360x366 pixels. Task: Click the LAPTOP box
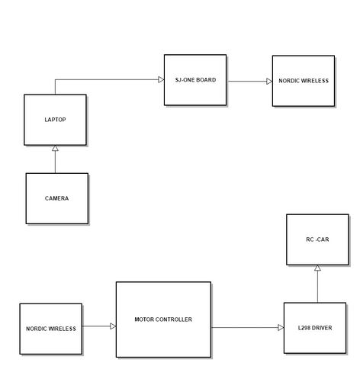tap(55, 120)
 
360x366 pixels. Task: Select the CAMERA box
tap(57, 198)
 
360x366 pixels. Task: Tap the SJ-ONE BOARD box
tap(195, 80)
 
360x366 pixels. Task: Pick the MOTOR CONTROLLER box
tap(163, 319)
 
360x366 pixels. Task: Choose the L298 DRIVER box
tap(315, 328)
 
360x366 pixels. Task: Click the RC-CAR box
tap(317, 239)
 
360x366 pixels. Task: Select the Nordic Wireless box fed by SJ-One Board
tap(304, 81)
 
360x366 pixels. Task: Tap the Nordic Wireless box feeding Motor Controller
tap(51, 329)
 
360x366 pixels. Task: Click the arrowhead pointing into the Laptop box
tap(55, 148)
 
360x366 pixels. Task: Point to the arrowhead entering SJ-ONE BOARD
tap(161, 79)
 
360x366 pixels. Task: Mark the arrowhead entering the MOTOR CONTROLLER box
tap(113, 326)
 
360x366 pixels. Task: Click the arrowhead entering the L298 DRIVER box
tap(281, 328)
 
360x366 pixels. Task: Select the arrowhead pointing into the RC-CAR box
tap(317, 268)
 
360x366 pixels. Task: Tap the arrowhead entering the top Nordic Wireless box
tap(269, 82)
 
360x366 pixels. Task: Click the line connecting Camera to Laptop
tap(55, 162)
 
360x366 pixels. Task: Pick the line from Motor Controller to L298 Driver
tap(245, 328)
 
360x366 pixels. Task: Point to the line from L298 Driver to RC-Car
tap(317, 287)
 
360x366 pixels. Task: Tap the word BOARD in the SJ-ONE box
tap(206, 80)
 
